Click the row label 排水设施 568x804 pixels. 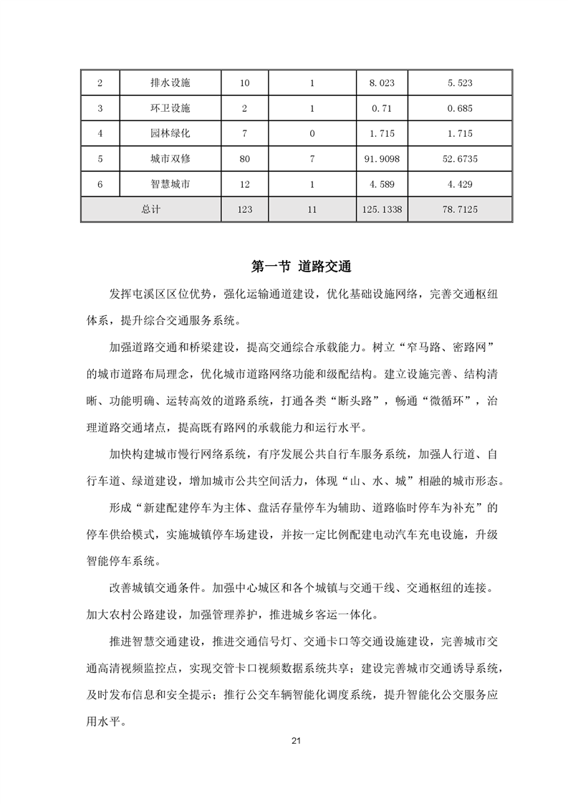point(170,83)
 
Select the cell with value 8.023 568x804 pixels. point(382,83)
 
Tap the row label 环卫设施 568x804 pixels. point(170,108)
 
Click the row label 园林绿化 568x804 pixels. point(170,133)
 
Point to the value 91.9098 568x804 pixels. point(382,159)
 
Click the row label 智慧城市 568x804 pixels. point(170,184)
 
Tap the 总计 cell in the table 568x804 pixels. point(150,209)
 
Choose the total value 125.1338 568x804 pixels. point(382,209)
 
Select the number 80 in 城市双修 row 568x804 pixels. point(245,159)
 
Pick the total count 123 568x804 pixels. point(245,209)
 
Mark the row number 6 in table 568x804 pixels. point(100,184)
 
